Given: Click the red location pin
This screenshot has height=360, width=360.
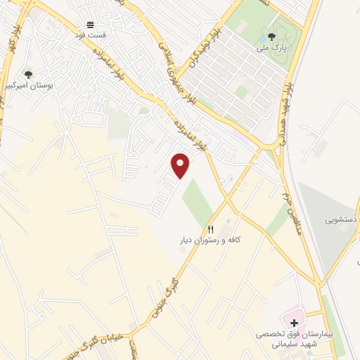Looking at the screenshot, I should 181,165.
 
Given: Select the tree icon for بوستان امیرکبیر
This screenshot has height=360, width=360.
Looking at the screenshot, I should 28,74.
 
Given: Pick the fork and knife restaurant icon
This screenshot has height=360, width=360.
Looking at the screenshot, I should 210,230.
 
